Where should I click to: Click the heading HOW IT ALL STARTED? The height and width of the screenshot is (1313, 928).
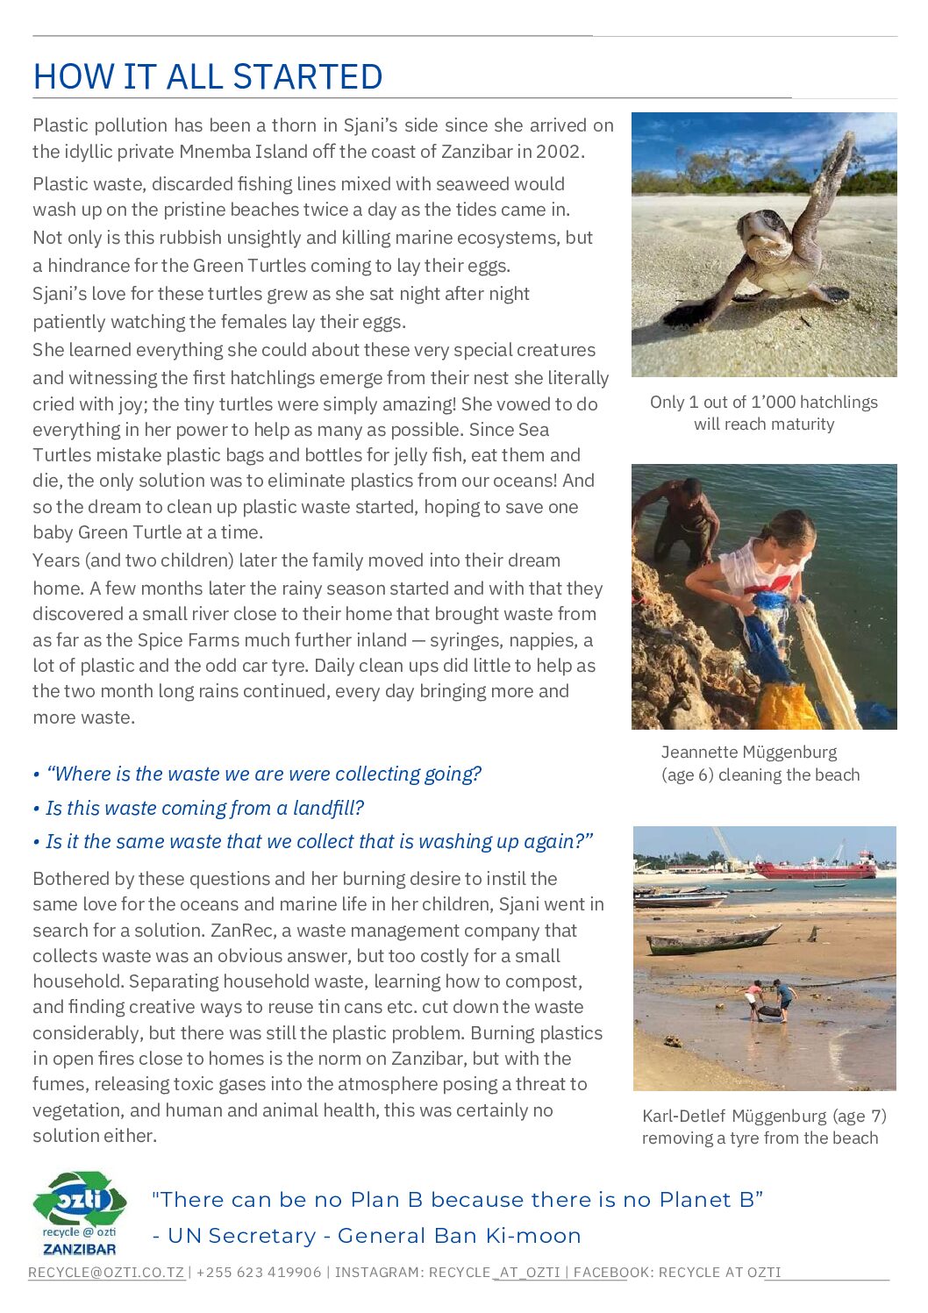[x=208, y=77]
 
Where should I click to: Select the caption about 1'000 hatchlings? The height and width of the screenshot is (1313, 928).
[x=763, y=413]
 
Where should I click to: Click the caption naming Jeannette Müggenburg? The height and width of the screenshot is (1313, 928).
[x=760, y=763]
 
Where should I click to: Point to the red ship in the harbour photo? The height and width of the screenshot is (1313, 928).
[x=815, y=868]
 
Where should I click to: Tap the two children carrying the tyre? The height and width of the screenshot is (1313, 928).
[x=767, y=1001]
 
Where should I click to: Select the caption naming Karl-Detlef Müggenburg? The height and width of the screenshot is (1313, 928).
[x=763, y=1127]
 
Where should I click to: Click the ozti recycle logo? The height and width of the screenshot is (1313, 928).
[x=80, y=1213]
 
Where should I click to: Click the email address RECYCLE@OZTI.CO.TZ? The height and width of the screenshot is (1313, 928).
[x=106, y=1273]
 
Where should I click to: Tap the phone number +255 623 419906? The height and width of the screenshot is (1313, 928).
[x=259, y=1273]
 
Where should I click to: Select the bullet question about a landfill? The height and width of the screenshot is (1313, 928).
[x=203, y=808]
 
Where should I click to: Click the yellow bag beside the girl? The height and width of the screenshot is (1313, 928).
[x=787, y=705]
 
